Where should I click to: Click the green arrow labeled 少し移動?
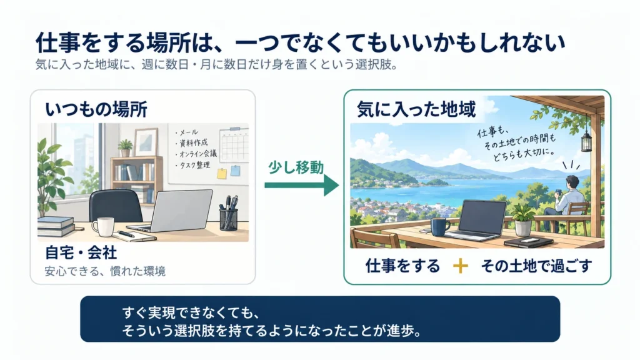coord(302,185)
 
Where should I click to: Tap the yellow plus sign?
coord(461,266)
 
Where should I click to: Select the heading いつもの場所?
coord(96,109)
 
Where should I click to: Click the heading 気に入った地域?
coord(416,109)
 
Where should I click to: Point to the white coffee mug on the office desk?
coord(103,227)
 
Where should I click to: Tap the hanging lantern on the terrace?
coord(586,139)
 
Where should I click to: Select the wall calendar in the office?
coord(234,145)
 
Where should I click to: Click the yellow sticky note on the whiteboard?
coord(222,174)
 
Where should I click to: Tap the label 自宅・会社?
coord(81,253)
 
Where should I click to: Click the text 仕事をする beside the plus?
coord(403,266)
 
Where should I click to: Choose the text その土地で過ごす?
coord(536,266)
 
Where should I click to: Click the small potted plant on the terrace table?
coord(522,221)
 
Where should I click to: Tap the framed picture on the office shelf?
coord(145,142)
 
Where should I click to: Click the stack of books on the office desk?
coord(56,226)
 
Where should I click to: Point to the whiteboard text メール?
coord(187,132)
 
